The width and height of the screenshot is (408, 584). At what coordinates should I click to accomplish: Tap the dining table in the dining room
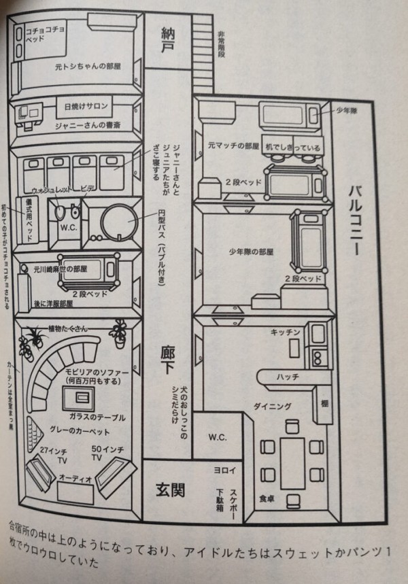292,462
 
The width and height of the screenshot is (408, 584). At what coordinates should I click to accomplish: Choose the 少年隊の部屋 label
251,252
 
